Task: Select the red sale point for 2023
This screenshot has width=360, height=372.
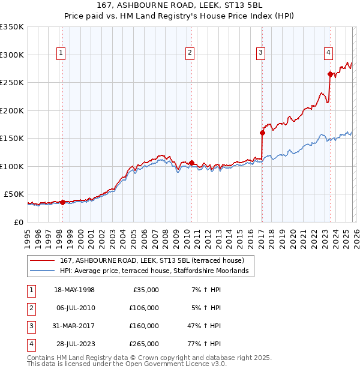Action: (330, 74)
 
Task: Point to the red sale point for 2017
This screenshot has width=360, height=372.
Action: (262, 133)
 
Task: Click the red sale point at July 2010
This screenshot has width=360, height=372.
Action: (191, 163)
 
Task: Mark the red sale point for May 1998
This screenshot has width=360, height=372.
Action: (62, 202)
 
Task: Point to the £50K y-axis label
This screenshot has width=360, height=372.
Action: (13, 194)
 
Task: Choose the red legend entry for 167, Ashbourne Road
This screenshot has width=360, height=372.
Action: (151, 261)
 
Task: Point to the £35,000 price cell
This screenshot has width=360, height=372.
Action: (145, 290)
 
